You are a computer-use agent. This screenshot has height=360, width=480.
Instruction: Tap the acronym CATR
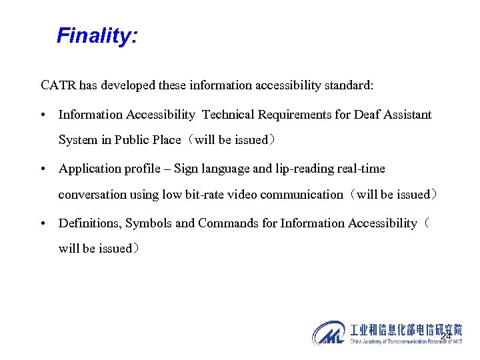pyautogui.click(x=59, y=86)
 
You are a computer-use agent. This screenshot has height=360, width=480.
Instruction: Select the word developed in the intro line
pyautogui.click(x=132, y=86)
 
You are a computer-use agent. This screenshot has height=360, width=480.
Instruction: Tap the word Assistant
pyautogui.click(x=407, y=115)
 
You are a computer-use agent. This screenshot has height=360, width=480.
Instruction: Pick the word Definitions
pyautogui.click(x=88, y=223)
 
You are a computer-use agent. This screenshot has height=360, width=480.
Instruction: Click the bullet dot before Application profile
pyautogui.click(x=43, y=169)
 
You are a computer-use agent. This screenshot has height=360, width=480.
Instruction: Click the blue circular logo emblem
pyautogui.click(x=329, y=333)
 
